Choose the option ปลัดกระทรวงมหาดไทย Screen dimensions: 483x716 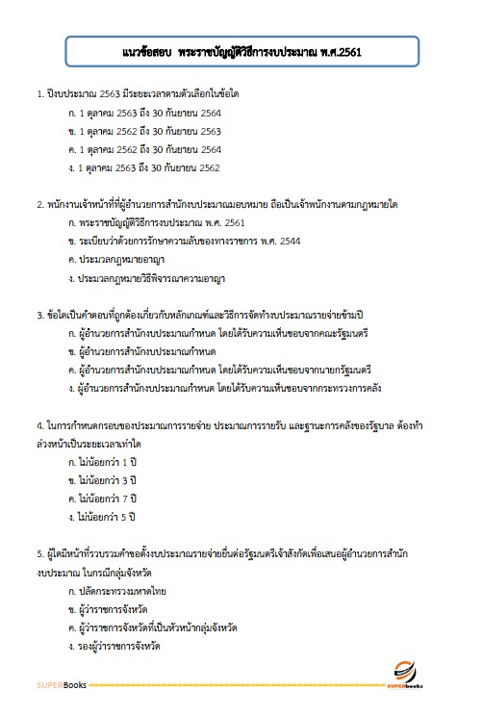[x=114, y=588]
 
